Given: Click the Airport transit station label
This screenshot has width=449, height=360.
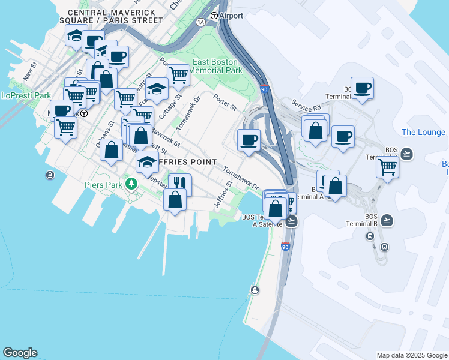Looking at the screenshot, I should coord(231,16).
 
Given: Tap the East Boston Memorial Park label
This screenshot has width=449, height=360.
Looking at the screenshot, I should coord(215,66).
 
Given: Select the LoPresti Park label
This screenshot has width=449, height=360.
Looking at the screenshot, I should coord(26,95).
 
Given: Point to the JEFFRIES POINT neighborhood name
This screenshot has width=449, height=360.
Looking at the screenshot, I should coord(184,162).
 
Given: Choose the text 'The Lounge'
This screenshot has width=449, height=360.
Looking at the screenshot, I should coord(423,132).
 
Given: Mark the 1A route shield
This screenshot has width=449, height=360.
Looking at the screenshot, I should coord(200,22).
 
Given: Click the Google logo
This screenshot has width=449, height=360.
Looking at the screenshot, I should coord(20,353).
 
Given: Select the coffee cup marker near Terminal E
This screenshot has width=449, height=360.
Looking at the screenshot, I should coord(362,88).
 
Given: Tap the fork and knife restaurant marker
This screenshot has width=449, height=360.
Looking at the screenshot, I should coord(179,184).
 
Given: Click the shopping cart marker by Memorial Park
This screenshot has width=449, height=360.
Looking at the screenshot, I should coord(178,76).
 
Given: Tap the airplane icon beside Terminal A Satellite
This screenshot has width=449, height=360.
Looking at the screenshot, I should coord(292,221).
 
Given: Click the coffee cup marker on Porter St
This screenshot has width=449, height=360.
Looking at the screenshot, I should coord(249,140).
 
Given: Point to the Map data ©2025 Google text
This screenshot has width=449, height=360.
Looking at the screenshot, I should coord(412,355).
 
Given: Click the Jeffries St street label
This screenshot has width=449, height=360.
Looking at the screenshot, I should coord(223,198).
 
